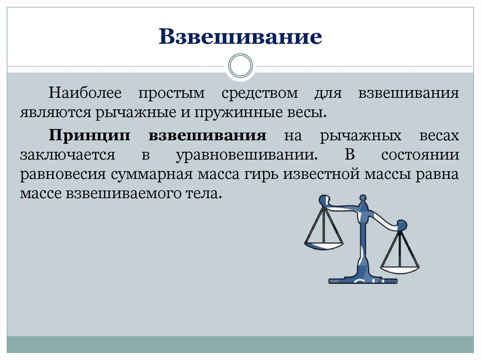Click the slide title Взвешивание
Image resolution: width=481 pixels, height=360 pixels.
coord(240,37)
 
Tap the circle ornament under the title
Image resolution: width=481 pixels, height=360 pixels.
coord(240,65)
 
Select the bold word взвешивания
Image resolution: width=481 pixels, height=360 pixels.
coord(208,136)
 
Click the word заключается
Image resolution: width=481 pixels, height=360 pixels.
coord(67,154)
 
